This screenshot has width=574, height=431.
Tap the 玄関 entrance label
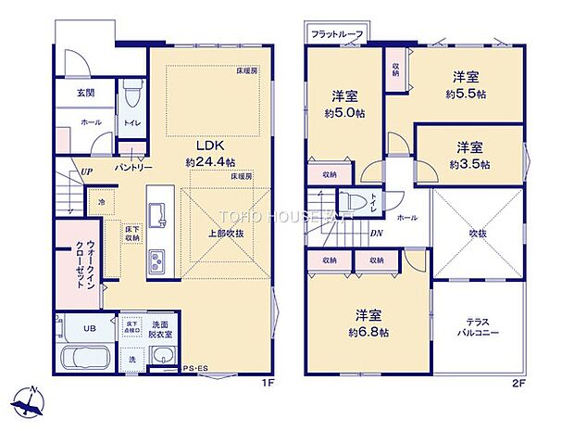pos(84,93)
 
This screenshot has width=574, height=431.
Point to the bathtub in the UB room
pos(84,357)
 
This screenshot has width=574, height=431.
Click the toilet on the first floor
pos(131,95)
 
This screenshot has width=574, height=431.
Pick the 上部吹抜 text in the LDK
pos(226,234)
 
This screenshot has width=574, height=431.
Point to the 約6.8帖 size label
pos(368,332)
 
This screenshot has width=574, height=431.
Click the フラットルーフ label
pos(336,34)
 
